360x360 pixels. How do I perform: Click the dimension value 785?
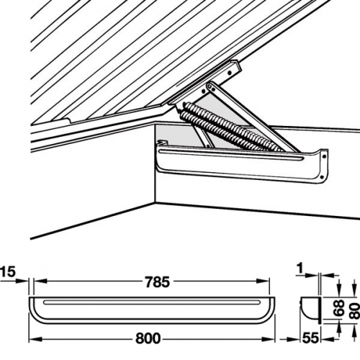(157, 282)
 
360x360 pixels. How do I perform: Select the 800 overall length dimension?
(148, 339)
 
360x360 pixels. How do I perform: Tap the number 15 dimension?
(8, 272)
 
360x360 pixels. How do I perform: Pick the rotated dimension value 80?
(354, 310)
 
